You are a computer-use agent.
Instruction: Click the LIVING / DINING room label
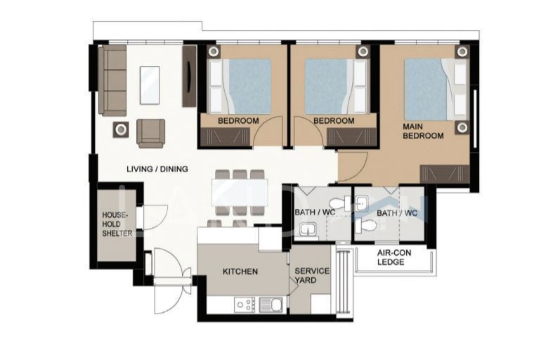[x=157, y=169]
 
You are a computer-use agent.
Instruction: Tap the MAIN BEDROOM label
[x=423, y=131]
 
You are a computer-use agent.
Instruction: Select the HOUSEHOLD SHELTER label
[x=117, y=224]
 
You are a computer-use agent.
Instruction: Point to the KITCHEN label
[x=240, y=271]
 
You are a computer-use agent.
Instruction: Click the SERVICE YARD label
[x=312, y=276]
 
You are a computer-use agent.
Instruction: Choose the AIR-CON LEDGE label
[x=394, y=257]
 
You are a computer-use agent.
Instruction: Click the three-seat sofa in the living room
[x=112, y=80]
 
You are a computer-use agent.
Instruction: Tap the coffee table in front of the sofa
[x=150, y=85]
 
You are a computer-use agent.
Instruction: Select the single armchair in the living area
[x=151, y=133]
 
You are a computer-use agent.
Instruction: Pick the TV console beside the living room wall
[x=189, y=76]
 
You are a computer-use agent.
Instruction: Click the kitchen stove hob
[x=245, y=304]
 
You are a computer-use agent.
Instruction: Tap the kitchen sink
[x=270, y=304]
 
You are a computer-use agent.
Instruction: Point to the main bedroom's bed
[x=436, y=89]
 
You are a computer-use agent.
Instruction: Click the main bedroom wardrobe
[x=444, y=174]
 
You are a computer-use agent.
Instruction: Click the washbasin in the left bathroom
[x=308, y=229]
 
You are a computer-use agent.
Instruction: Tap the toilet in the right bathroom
[x=365, y=225]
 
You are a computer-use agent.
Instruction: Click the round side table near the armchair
[x=121, y=129]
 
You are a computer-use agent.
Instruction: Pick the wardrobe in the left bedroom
[x=225, y=136]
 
